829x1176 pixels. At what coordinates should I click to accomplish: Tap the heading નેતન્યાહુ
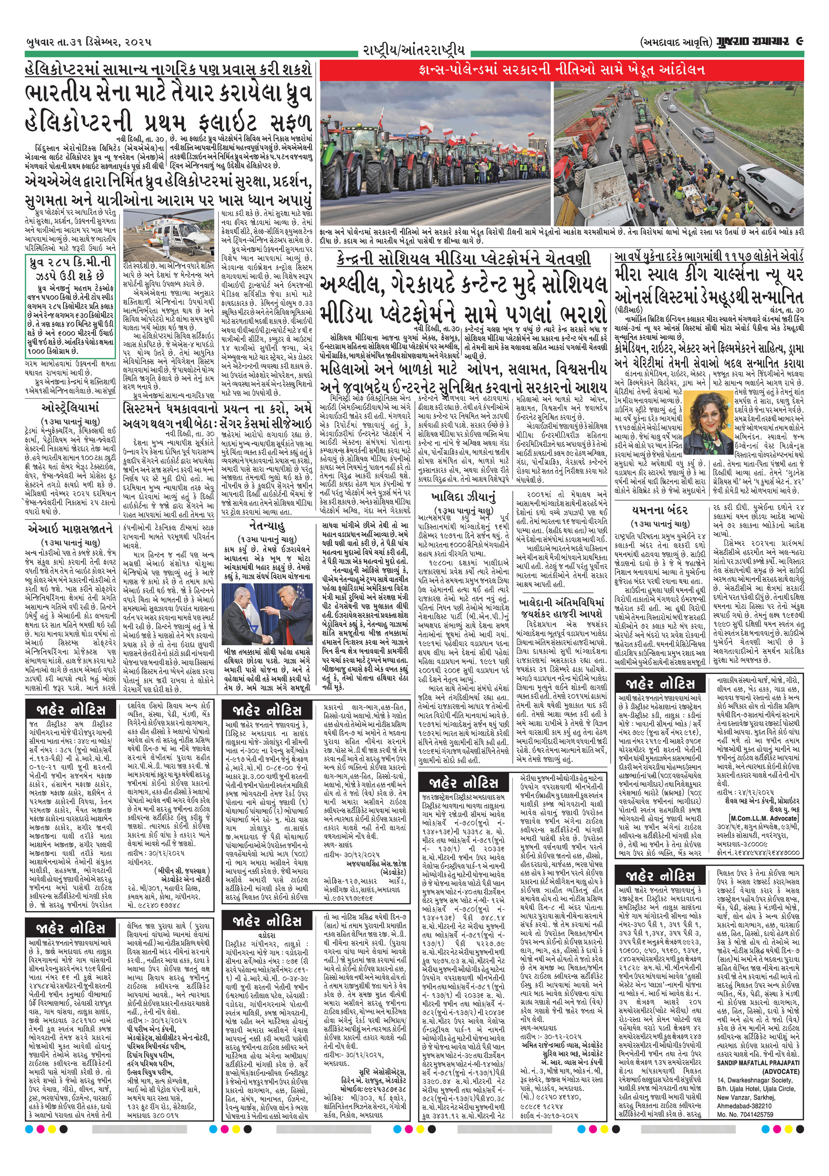click(x=269, y=526)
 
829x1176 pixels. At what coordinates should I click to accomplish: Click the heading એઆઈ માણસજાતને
click(x=69, y=528)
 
